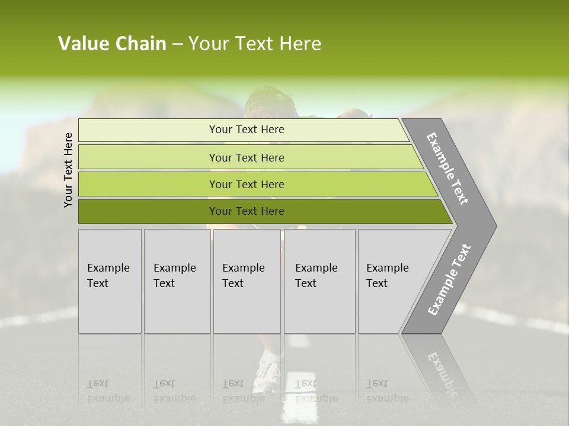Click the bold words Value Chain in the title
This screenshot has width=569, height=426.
coord(112,44)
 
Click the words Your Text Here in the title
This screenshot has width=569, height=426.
coord(255,44)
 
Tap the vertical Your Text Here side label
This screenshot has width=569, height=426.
coord(68,170)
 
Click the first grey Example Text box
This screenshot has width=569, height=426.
coord(110,281)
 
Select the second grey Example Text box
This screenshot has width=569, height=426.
coord(177,281)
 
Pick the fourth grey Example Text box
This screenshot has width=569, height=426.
coord(319,281)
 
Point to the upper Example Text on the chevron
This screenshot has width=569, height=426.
coord(447,169)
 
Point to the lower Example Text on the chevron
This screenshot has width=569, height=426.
coord(449,279)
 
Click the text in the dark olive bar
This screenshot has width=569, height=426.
coord(247,211)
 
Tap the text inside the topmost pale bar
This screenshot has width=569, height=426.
coord(247,130)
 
